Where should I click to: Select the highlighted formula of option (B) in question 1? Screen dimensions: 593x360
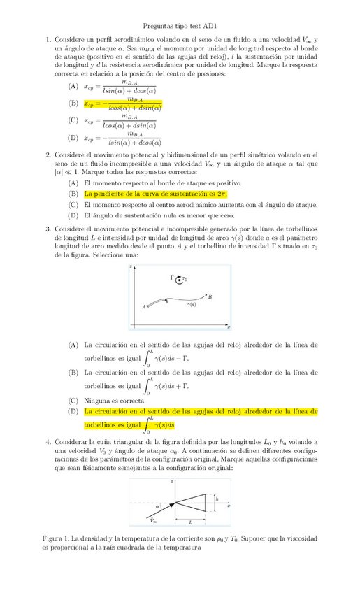tap(123, 104)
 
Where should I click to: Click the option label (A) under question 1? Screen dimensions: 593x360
tap(73, 86)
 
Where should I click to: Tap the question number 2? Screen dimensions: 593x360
tap(48, 155)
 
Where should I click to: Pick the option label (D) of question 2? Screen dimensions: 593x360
tap(73, 216)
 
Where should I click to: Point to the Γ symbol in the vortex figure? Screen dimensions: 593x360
tap(173, 278)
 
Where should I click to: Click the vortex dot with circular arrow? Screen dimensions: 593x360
tap(180, 280)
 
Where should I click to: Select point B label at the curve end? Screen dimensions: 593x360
tap(210, 297)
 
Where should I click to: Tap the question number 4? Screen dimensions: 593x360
tap(48, 443)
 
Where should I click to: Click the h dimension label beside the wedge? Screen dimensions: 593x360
tap(217, 499)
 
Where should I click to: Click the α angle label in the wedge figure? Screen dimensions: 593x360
tap(158, 505)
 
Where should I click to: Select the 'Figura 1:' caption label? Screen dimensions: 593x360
tap(59, 539)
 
